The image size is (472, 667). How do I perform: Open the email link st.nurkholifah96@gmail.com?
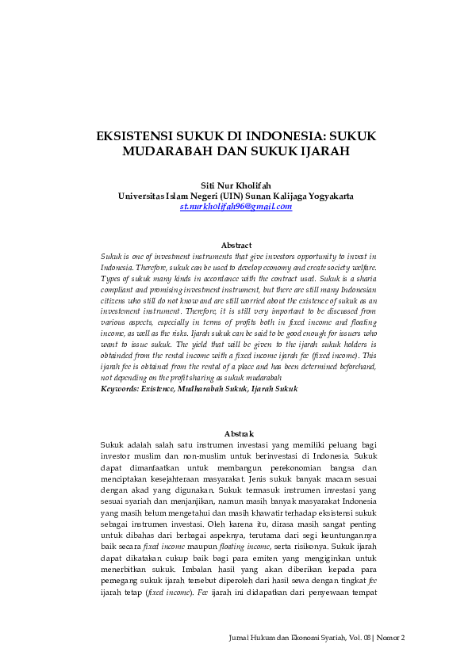point(236,206)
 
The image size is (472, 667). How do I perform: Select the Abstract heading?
point(236,246)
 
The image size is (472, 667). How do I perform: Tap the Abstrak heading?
point(239,434)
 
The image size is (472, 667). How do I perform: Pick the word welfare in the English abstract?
point(362,269)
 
